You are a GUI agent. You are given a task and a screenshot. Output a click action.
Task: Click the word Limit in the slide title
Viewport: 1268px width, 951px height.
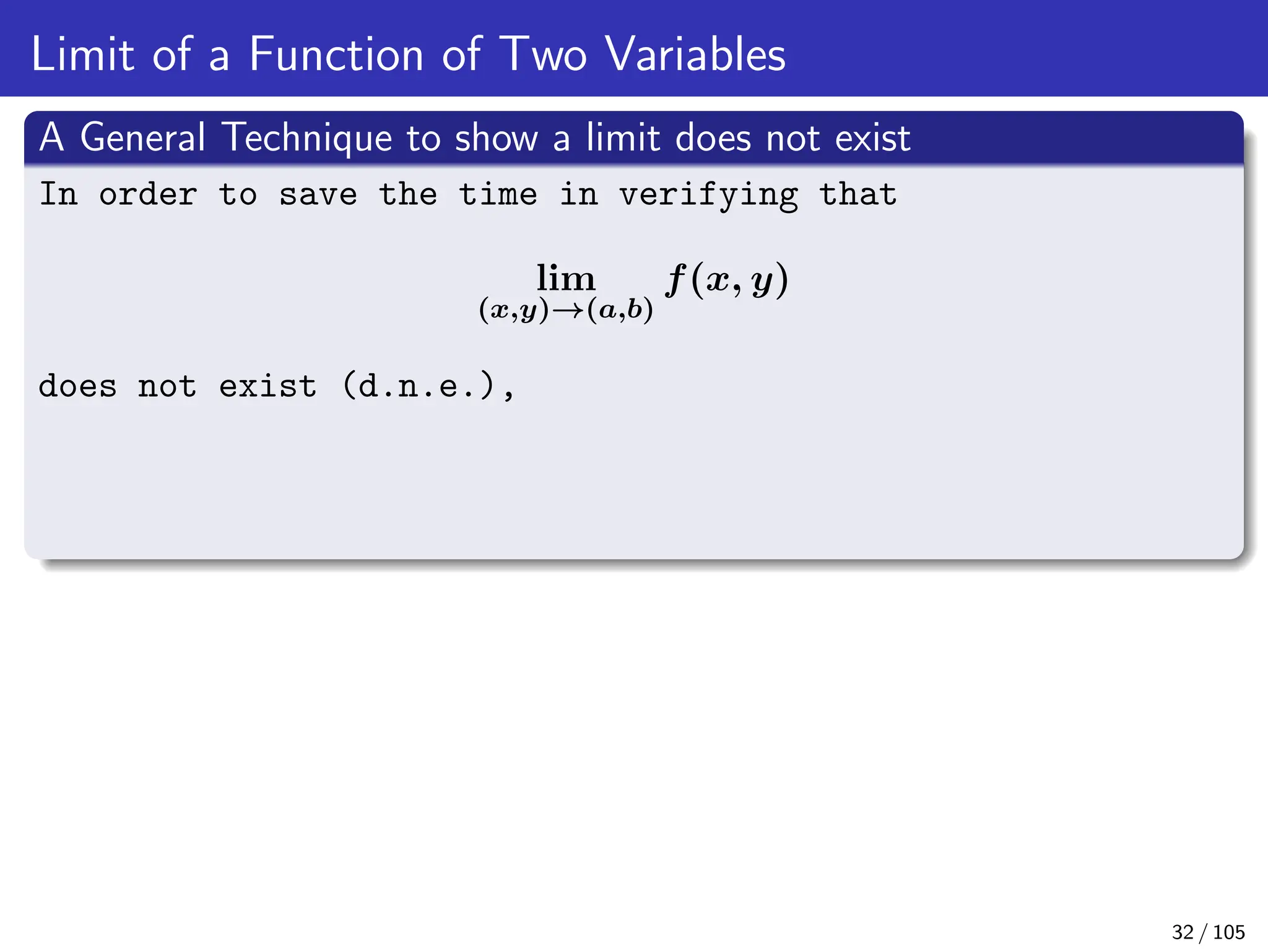tap(82, 54)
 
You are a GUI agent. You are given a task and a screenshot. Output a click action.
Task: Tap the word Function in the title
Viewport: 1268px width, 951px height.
tap(336, 54)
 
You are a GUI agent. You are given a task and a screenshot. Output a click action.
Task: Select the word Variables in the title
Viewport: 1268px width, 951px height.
tap(695, 54)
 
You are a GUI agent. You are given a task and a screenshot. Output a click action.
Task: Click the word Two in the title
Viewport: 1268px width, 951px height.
tap(542, 54)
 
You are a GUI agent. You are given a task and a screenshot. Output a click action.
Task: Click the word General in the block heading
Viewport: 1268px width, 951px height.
tap(143, 137)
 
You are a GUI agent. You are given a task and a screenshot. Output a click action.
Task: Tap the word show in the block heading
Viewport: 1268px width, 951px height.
tap(496, 137)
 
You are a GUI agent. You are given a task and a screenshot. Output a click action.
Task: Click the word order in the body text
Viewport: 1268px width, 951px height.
tap(148, 195)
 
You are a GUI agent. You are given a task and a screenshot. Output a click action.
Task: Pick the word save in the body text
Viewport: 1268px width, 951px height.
tap(318, 195)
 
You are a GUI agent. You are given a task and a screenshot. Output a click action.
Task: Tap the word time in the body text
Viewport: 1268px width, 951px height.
tap(498, 195)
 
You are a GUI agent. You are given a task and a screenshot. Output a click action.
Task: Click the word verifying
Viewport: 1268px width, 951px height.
tap(709, 195)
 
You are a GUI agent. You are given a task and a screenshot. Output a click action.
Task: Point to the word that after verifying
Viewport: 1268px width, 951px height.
tap(858, 195)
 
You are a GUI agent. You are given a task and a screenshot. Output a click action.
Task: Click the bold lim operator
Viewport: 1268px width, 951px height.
tap(565, 278)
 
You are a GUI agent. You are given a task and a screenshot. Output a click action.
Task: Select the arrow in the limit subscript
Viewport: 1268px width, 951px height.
tap(568, 310)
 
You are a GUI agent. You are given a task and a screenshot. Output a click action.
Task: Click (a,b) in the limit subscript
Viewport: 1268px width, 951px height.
tap(620, 310)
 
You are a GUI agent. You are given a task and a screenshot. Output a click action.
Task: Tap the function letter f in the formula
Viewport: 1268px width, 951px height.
tap(676, 280)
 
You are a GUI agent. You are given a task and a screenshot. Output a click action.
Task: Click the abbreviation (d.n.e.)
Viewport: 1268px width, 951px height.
tap(419, 386)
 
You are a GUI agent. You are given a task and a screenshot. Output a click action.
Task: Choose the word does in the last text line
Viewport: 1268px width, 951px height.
tap(77, 386)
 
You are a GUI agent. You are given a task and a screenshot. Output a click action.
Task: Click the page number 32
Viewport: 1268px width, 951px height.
tap(1183, 932)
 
